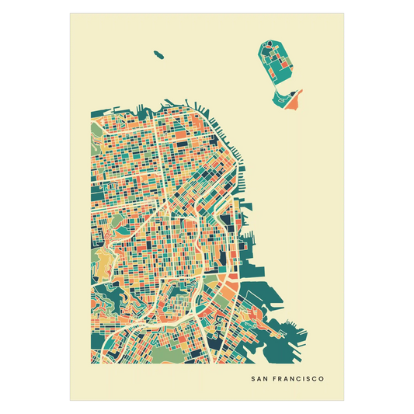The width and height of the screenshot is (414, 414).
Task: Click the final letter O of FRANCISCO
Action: (322, 380)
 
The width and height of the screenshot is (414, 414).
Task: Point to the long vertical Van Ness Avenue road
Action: (158, 155)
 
